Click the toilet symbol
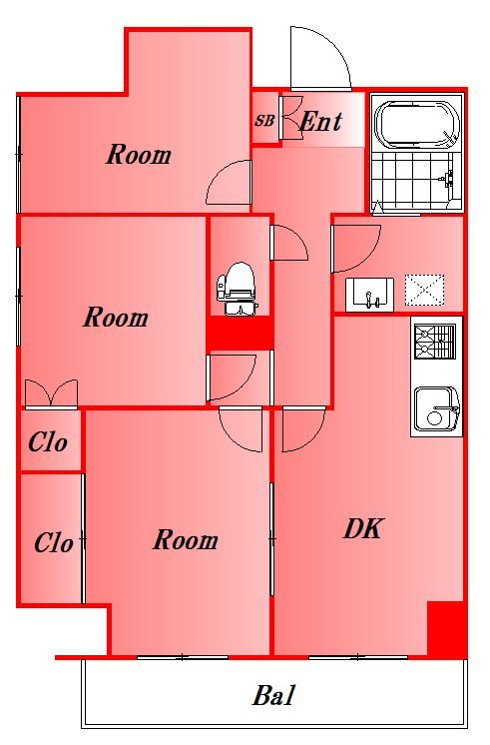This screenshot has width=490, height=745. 237,289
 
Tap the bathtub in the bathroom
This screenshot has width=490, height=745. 417,125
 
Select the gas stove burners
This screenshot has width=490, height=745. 435,342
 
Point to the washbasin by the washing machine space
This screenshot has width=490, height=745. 369,295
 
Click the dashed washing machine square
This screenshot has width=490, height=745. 424,290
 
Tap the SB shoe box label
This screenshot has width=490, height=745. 264,120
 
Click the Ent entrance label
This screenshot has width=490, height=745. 320,122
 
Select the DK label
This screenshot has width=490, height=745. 362,528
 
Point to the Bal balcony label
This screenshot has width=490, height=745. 273,696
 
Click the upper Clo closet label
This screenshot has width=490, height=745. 48,442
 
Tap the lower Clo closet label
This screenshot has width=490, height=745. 54,542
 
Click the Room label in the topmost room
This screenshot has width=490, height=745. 139,155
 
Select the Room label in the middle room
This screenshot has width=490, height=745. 116,318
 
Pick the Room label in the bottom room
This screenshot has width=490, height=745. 186,540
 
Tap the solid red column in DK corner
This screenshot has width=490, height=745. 445,628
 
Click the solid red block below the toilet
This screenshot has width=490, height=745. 240,334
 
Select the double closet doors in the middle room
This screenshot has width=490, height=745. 51,393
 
